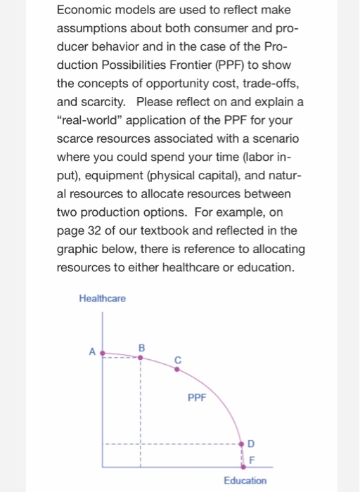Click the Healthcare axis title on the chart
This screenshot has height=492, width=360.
point(103,299)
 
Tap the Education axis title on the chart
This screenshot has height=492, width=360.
point(245,481)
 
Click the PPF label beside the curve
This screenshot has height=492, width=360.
point(198,397)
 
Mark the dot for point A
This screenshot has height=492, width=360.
point(103,354)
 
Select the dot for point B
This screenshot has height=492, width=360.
point(140,357)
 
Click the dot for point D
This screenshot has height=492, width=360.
point(243,444)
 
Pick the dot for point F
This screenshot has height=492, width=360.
point(243,465)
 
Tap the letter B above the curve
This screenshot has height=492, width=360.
point(141,347)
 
